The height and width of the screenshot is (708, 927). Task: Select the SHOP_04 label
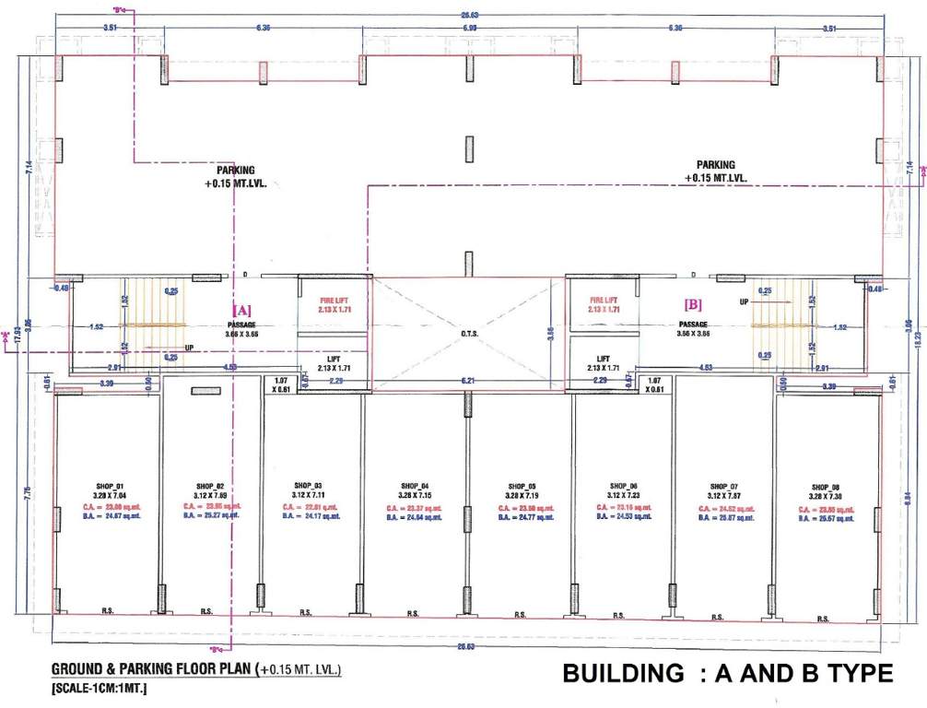tap(415, 486)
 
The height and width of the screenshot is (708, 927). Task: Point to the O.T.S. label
tap(466, 334)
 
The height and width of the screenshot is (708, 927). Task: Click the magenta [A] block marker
tap(241, 310)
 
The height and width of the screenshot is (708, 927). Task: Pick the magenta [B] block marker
tap(693, 302)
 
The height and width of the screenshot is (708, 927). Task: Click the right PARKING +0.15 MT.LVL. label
tap(716, 171)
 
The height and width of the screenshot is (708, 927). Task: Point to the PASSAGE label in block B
tap(692, 324)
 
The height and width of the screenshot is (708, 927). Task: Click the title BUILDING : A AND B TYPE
tap(727, 674)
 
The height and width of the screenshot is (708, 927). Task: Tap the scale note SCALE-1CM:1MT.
tap(92, 688)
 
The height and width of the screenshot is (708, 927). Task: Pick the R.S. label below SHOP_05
tap(520, 614)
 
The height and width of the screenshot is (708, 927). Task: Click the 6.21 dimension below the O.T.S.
tap(467, 380)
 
